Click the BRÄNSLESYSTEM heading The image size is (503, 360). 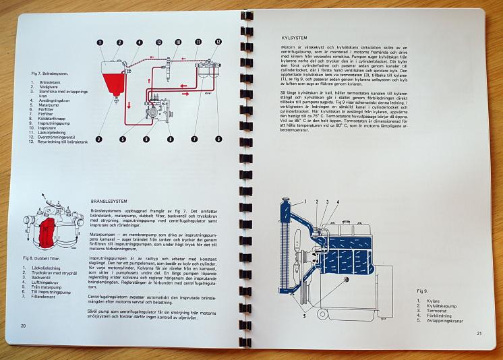click(109, 201)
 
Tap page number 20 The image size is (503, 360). click(23, 325)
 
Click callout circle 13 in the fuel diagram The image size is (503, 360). click(159, 42)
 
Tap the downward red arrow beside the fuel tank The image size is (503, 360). click(121, 102)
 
